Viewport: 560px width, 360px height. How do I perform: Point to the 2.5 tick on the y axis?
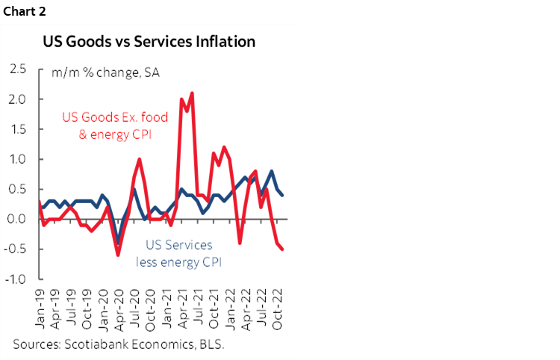[x=19, y=69]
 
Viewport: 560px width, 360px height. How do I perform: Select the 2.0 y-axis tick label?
[x=19, y=99]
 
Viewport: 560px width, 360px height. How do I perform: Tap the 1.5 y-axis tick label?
[x=19, y=129]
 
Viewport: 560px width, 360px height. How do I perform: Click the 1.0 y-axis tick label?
[x=19, y=159]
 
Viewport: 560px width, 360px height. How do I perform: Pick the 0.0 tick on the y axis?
[x=19, y=219]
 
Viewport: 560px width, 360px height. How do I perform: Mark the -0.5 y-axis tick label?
[x=17, y=249]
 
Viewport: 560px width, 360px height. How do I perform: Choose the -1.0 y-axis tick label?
[x=17, y=279]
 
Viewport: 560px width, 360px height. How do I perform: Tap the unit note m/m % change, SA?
[x=105, y=73]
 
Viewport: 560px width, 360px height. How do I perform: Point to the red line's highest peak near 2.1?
[x=193, y=93]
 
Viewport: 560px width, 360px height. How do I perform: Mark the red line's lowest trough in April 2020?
[x=117, y=255]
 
